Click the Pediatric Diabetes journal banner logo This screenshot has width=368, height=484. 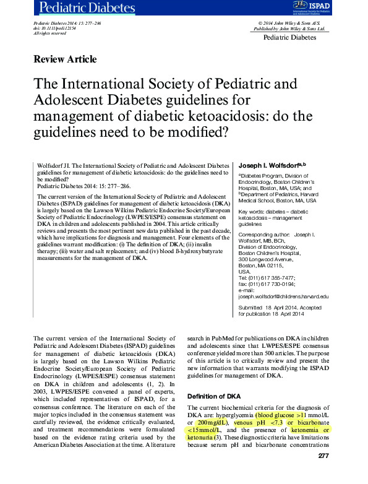click(x=87, y=8)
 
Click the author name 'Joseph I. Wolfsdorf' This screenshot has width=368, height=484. click(x=269, y=165)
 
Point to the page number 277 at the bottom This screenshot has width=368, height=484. click(x=322, y=456)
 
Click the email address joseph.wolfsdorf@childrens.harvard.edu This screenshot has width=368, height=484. click(x=283, y=296)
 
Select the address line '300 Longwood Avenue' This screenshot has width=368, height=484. click(x=266, y=259)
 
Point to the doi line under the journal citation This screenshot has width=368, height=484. click(x=54, y=28)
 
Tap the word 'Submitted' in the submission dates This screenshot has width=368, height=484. click(x=250, y=308)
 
